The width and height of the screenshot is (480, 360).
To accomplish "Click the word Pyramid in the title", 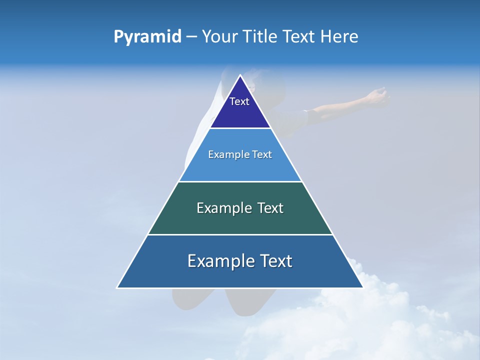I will (x=147, y=37).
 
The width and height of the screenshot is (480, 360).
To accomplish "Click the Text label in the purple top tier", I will (x=239, y=101).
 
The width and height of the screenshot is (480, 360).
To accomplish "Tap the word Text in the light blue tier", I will (x=262, y=155).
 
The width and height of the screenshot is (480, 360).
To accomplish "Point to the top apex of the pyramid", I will (x=240, y=75).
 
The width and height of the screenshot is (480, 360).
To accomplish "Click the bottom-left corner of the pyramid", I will (x=117, y=287).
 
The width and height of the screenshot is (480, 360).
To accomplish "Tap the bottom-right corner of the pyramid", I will (x=362, y=287).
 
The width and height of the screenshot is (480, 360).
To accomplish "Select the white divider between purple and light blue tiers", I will (x=240, y=128).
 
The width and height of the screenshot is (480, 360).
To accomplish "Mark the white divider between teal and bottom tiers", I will (x=240, y=234).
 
